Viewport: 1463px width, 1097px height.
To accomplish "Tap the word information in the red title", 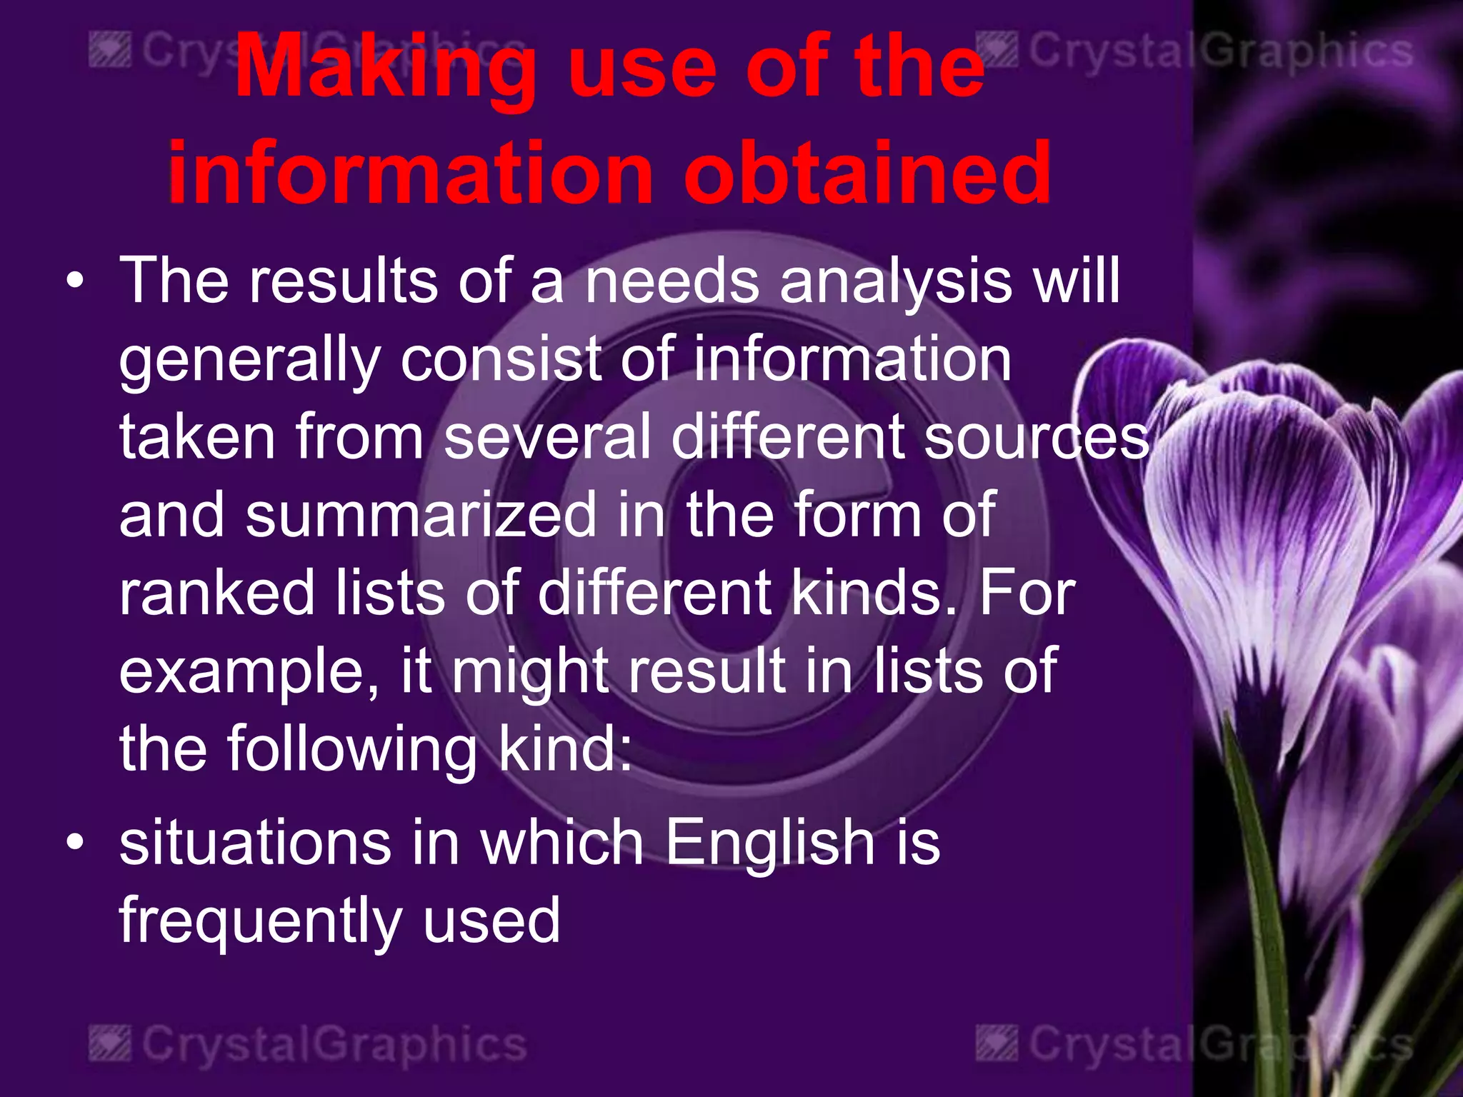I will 411,173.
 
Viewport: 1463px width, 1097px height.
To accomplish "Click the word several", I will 546,437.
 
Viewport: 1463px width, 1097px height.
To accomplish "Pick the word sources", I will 1037,439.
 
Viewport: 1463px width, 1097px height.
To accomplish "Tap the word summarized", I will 421,516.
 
